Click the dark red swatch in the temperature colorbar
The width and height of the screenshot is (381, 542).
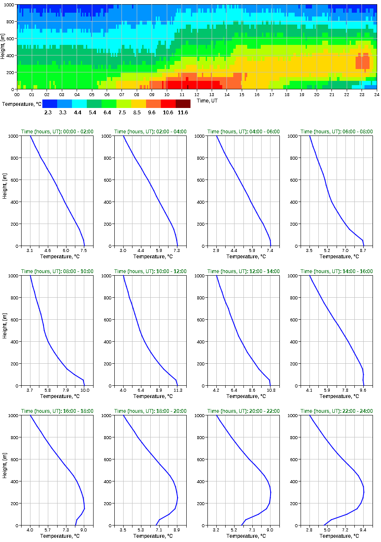(183, 104)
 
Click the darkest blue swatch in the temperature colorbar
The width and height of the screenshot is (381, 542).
(50, 104)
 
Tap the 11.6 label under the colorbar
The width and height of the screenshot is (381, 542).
(183, 113)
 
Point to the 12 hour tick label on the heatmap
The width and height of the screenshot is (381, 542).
(197, 94)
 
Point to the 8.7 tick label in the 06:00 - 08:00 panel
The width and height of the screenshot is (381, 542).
(363, 250)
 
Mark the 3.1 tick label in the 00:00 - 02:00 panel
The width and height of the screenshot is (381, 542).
(30, 250)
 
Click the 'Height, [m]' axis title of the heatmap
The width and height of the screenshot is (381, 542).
(3, 47)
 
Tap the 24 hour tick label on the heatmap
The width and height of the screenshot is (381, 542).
(377, 94)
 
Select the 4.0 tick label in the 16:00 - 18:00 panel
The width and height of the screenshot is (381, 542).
(30, 530)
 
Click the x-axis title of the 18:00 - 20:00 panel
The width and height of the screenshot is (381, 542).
(150, 536)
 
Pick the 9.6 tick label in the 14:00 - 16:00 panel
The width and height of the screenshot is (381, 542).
(363, 390)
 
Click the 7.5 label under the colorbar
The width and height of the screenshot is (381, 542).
(124, 113)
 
